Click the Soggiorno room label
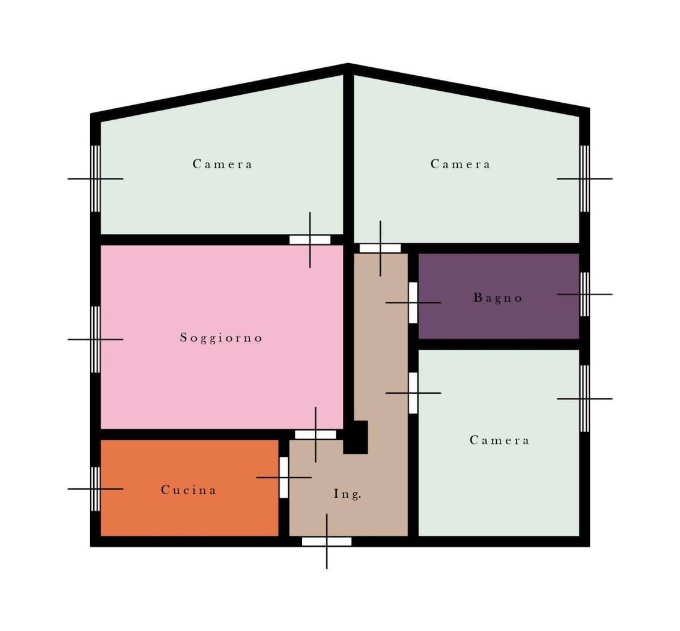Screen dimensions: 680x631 pyautogui.click(x=221, y=338)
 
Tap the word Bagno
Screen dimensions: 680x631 pyautogui.click(x=498, y=297)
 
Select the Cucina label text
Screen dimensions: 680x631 pyautogui.click(x=189, y=490)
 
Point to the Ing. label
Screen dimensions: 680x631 pyautogui.click(x=347, y=494)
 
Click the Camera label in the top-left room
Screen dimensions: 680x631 pyautogui.click(x=222, y=164)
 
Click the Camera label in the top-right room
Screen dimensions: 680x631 pyautogui.click(x=461, y=164)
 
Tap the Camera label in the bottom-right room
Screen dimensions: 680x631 pyautogui.click(x=500, y=440)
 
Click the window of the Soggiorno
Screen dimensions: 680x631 pyautogui.click(x=96, y=340)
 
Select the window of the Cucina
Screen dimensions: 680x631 pyautogui.click(x=96, y=489)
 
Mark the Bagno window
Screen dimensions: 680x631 pyautogui.click(x=584, y=294)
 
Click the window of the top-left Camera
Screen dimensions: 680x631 pyautogui.click(x=96, y=178)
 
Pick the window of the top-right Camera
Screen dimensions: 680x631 pyautogui.click(x=584, y=178)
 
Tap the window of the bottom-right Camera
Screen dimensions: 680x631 pyautogui.click(x=584, y=398)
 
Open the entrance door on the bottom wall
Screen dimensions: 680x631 pyautogui.click(x=327, y=541)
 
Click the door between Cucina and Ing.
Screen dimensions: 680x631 pyautogui.click(x=284, y=477)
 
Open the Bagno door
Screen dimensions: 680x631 pyautogui.click(x=413, y=302)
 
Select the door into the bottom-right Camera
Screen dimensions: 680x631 pyautogui.click(x=413, y=393)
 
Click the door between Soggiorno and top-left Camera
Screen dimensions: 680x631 pyautogui.click(x=310, y=240)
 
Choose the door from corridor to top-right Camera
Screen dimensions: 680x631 pyautogui.click(x=380, y=248)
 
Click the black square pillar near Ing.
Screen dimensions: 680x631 pyautogui.click(x=356, y=437)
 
